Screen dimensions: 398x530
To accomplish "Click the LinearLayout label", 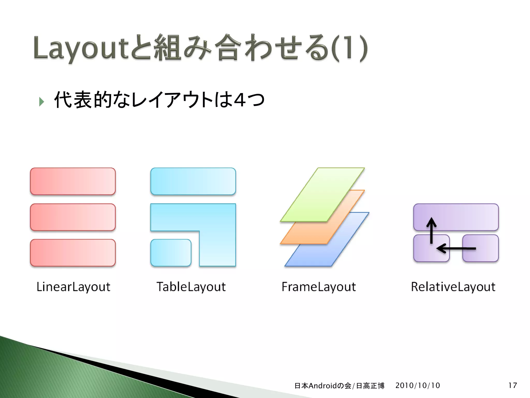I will [73, 287].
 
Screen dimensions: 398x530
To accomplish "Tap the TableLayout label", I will [191, 287].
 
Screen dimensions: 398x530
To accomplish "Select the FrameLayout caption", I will [319, 287].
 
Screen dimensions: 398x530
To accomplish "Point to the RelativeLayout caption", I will [453, 287].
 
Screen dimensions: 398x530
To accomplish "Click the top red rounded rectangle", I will [73, 181].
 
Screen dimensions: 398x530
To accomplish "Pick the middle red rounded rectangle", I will [73, 217].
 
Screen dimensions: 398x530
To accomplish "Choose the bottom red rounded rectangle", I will [73, 253].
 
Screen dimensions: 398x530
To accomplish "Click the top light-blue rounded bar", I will [193, 181].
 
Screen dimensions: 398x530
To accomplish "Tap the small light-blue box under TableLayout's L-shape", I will [171, 253].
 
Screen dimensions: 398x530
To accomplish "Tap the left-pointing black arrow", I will [455, 248].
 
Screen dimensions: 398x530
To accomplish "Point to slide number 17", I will [512, 385].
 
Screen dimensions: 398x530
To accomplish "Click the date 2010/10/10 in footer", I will [417, 385].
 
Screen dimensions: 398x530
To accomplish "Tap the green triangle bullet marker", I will [41, 102].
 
